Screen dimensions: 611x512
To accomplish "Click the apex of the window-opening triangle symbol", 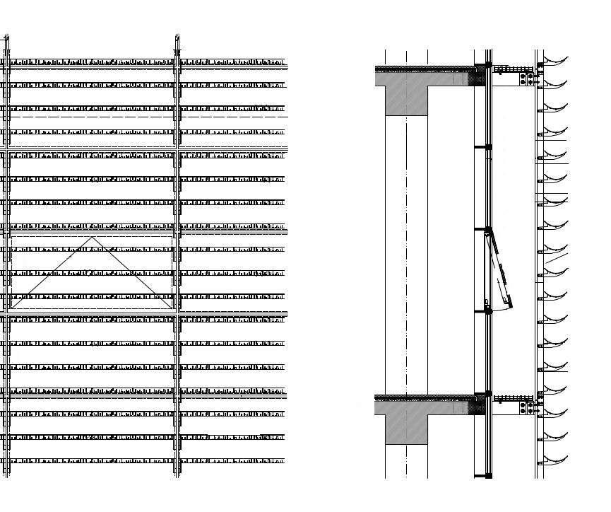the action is click(x=92, y=238).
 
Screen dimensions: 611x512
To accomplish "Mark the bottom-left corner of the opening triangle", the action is click(x=12, y=308).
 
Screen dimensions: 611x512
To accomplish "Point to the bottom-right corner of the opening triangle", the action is click(x=172, y=308).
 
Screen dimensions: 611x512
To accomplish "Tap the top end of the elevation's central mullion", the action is click(x=176, y=35).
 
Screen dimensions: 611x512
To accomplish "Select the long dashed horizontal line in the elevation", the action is click(x=92, y=116).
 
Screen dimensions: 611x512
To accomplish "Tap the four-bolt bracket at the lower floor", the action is click(x=526, y=406).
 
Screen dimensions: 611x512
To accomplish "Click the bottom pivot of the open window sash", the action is click(x=487, y=307).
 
